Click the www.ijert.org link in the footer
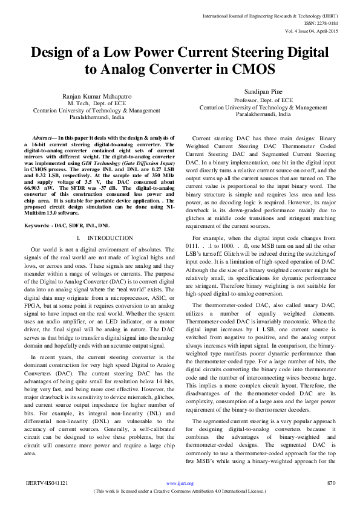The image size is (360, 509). point(180,483)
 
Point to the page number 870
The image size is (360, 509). point(330,483)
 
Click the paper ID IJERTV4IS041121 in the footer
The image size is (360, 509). point(47,483)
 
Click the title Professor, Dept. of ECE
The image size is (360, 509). point(264,100)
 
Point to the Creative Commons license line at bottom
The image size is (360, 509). point(180,491)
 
